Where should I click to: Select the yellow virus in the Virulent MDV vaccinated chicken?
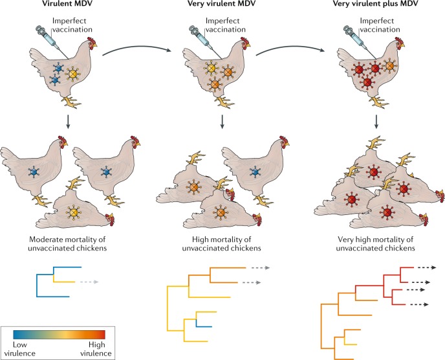[76, 74]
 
